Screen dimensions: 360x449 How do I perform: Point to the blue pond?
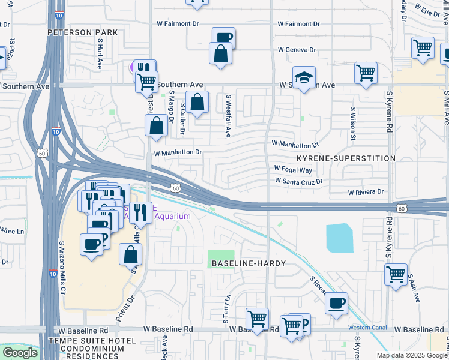pos(339,238)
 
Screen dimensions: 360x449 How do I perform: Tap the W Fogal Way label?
pos(294,169)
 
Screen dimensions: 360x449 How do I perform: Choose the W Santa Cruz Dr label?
pos(299,181)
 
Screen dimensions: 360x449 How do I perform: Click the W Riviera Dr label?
pos(366,192)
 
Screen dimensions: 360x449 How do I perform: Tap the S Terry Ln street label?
pos(228,309)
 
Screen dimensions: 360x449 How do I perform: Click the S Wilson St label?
pos(353,124)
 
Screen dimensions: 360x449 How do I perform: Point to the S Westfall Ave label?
pos(228,115)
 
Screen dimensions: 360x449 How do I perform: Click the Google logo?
pos(20,353)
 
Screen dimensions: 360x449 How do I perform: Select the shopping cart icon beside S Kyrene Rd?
pos(396,275)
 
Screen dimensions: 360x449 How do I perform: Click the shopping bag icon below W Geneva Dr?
pos(221,53)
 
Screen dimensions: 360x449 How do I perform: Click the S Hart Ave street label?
pos(100,55)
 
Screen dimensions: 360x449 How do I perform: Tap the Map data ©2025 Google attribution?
pos(411,355)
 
